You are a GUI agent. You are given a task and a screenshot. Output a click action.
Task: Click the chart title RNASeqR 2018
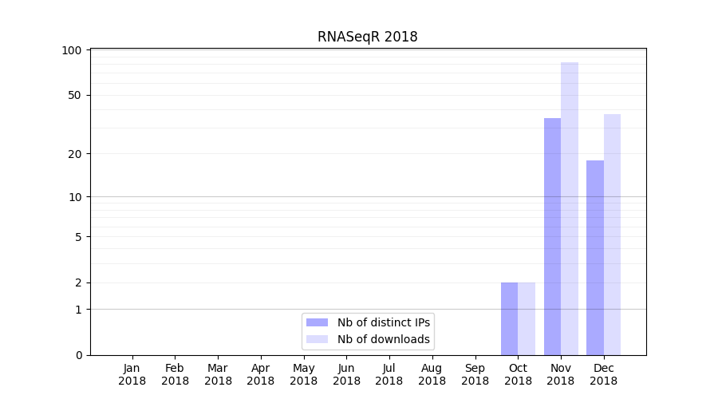click(367, 37)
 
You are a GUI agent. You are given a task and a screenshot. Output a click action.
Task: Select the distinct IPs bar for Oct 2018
click(509, 318)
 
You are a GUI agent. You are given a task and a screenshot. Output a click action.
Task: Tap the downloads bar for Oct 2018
click(527, 318)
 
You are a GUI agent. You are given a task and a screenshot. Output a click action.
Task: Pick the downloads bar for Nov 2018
click(570, 208)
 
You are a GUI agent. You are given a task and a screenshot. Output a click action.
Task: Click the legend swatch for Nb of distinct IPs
click(317, 322)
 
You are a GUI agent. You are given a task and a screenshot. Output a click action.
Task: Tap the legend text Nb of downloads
click(384, 339)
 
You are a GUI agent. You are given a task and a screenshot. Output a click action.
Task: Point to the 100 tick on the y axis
click(72, 50)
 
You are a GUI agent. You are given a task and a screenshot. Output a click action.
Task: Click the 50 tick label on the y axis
click(75, 95)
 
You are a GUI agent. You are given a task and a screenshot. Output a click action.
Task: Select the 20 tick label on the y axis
click(75, 153)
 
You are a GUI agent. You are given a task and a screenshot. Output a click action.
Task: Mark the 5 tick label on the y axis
click(78, 236)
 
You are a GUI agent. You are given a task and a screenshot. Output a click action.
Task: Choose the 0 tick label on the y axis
click(78, 355)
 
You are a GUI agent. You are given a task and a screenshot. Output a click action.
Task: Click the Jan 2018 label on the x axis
click(132, 374)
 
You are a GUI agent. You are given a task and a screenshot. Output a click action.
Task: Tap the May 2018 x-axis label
click(303, 374)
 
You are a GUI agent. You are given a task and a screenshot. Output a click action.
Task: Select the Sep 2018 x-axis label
click(475, 374)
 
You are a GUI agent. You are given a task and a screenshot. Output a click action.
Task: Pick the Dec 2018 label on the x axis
click(603, 374)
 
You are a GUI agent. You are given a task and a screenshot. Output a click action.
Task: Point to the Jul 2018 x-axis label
click(389, 374)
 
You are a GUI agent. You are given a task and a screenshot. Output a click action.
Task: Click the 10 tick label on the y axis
click(75, 196)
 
